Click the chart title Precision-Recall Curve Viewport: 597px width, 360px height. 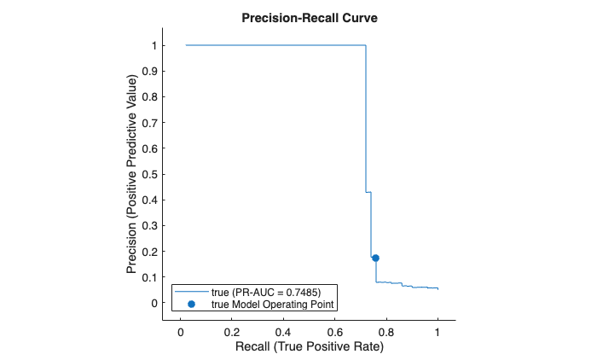point(308,18)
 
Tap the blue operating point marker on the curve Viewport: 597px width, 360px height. point(375,258)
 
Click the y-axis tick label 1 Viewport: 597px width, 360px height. point(154,45)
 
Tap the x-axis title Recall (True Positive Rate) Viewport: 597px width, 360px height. point(309,347)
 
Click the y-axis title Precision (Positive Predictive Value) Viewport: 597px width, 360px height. point(132,174)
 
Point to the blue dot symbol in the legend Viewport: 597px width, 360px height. point(192,304)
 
